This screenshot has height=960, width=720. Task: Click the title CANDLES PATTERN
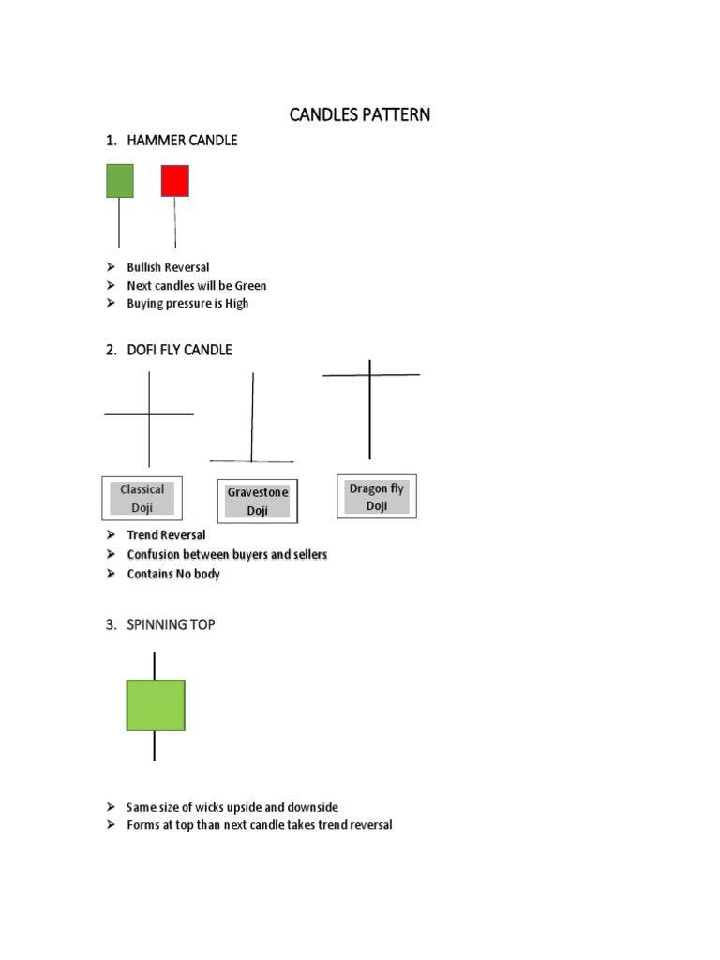[x=360, y=115]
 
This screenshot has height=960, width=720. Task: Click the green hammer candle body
[x=120, y=181]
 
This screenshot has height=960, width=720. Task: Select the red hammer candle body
[x=174, y=180]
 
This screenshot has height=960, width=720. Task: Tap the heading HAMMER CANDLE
[x=182, y=141]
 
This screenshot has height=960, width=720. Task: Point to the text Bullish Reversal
[x=168, y=267]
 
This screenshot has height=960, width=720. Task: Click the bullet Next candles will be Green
[x=197, y=285]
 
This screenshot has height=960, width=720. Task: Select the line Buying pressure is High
[x=187, y=303]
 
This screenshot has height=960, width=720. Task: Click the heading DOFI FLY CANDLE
[x=179, y=350]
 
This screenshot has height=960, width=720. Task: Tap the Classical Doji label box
[x=142, y=499]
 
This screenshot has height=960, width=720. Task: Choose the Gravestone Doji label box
[x=257, y=502]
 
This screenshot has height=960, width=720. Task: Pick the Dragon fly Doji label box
[x=376, y=497]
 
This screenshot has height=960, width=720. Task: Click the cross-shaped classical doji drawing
[x=149, y=414]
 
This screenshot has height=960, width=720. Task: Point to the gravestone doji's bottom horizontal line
[x=251, y=461]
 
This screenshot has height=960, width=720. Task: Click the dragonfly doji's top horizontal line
[x=371, y=375]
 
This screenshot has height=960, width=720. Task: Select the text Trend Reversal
[x=166, y=535]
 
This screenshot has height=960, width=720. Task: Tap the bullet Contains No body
[x=173, y=574]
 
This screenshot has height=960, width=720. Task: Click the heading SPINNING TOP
[x=171, y=624]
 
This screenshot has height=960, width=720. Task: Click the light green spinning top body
[x=156, y=705]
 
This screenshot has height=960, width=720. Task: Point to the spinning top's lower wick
[x=155, y=746]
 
